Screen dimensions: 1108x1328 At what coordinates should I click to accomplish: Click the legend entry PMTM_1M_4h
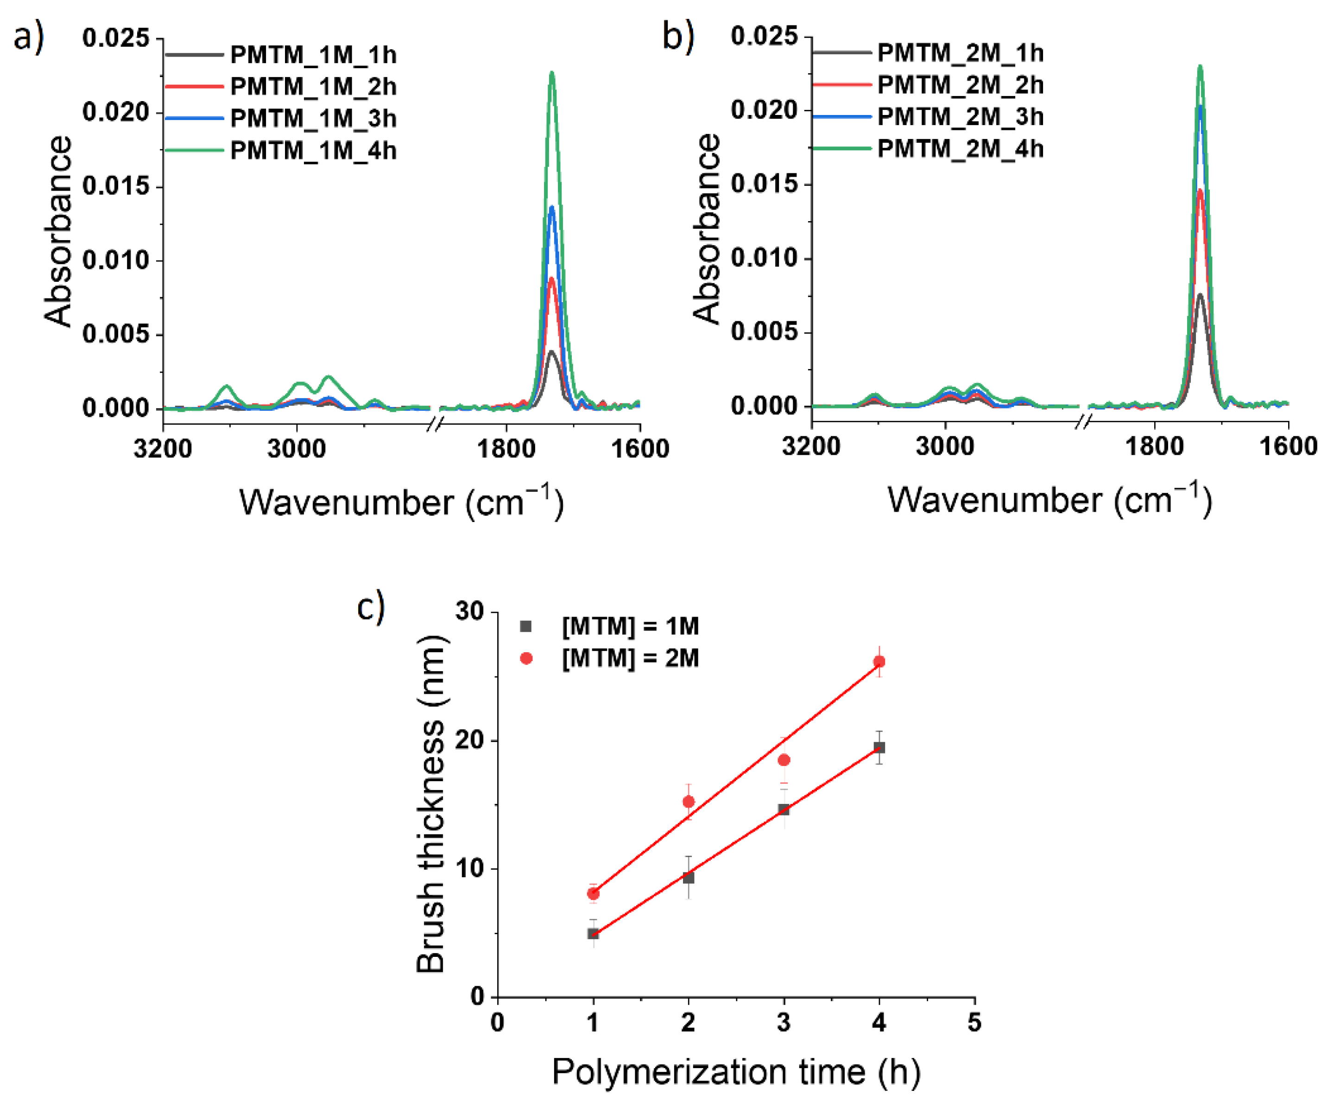(x=313, y=151)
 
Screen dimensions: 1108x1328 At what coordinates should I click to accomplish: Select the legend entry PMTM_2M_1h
(x=960, y=53)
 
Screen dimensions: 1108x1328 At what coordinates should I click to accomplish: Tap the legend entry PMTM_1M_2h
(x=313, y=86)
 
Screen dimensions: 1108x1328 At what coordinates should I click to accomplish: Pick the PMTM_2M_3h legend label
(x=960, y=117)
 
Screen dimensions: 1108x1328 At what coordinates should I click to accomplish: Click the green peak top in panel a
(x=552, y=73)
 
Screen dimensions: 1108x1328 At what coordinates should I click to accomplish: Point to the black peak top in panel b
(x=1200, y=294)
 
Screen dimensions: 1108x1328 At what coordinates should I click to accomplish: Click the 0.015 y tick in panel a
(x=116, y=187)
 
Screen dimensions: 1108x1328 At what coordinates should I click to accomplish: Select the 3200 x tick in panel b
(x=811, y=446)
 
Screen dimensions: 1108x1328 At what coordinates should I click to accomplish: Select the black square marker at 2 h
(x=689, y=878)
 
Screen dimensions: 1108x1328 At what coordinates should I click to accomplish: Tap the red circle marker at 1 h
(x=593, y=893)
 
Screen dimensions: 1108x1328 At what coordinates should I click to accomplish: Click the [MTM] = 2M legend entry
(x=630, y=659)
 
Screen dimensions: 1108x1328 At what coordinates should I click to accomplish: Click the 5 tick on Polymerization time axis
(x=974, y=1022)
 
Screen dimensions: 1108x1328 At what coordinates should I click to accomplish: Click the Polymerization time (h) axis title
(x=736, y=1072)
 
